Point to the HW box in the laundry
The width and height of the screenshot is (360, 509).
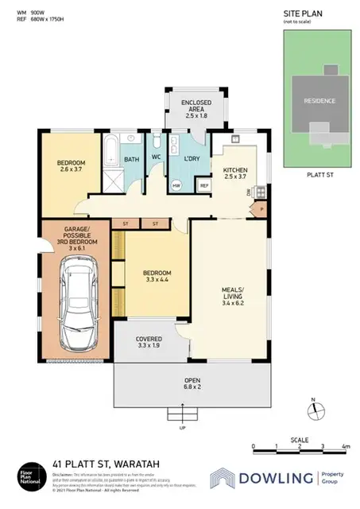[176, 185]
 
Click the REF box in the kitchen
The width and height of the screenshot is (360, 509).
[204, 185]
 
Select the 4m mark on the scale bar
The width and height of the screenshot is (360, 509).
[345, 446]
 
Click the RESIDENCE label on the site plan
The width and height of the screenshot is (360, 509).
[317, 101]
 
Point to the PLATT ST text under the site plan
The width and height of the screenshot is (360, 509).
[317, 180]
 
